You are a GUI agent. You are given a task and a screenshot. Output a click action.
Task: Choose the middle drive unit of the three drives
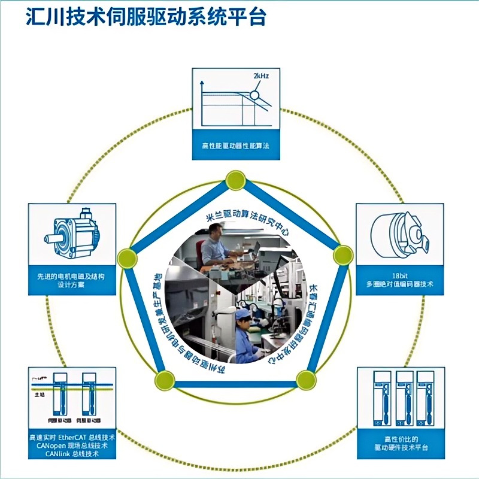[405, 399]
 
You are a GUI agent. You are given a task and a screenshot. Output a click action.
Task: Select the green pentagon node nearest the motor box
[126, 258]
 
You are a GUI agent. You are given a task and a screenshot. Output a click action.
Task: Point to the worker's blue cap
[242, 314]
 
